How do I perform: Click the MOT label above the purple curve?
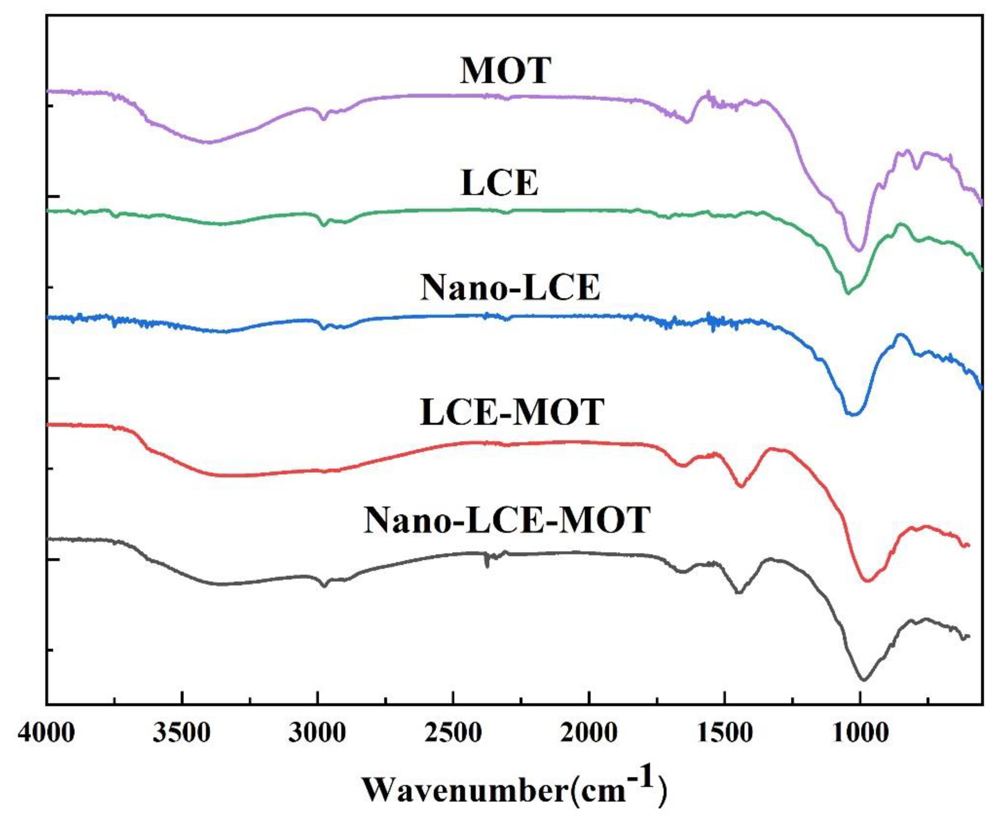tap(505, 71)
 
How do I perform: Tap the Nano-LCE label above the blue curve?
tap(510, 288)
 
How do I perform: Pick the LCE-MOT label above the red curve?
tap(512, 412)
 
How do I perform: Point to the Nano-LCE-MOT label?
tap(507, 520)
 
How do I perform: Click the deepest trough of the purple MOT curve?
tap(859, 250)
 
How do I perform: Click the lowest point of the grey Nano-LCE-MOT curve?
tap(864, 680)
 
